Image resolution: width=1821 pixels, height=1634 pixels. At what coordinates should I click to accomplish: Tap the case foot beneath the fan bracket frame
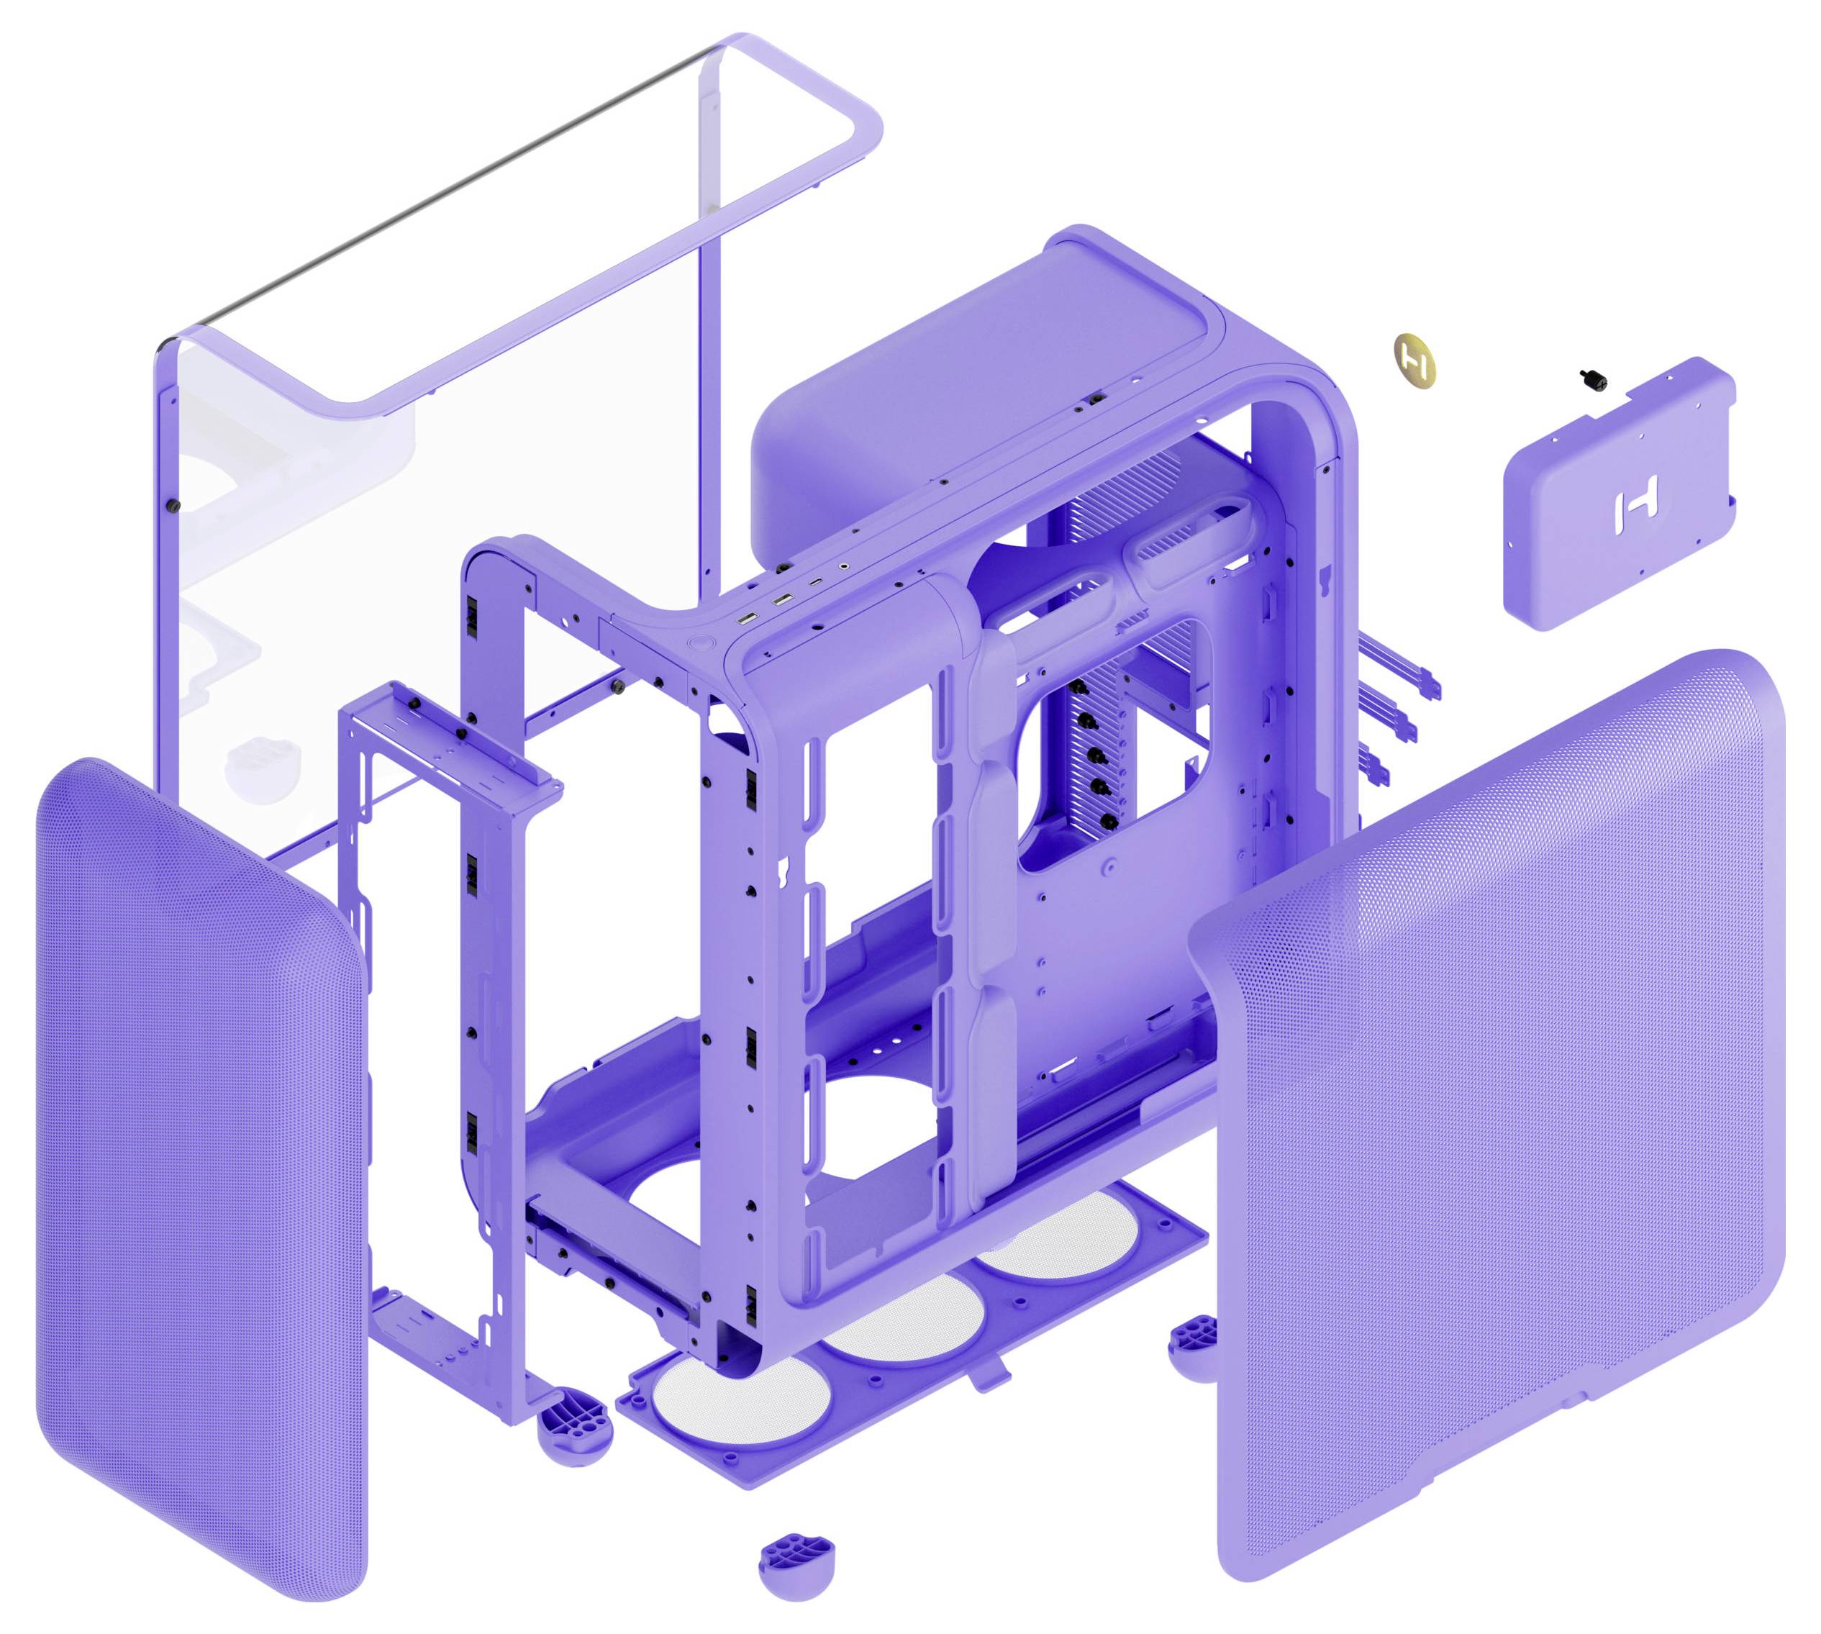tap(575, 1422)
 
